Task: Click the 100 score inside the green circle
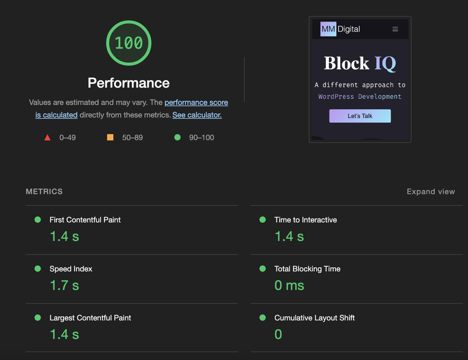128,43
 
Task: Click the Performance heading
128,83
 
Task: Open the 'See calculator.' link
197,115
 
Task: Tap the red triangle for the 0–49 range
47,137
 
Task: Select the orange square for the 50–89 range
110,137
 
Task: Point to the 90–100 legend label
202,138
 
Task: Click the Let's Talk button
360,116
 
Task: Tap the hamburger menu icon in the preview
395,29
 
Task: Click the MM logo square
328,29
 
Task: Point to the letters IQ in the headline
385,63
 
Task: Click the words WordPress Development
360,96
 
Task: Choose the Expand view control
431,191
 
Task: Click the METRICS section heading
44,191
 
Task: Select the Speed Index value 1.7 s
64,285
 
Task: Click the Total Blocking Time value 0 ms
289,285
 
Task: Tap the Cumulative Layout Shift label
314,318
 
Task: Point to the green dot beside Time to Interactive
263,220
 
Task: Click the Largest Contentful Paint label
90,318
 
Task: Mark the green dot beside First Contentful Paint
38,220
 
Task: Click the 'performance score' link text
196,102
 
